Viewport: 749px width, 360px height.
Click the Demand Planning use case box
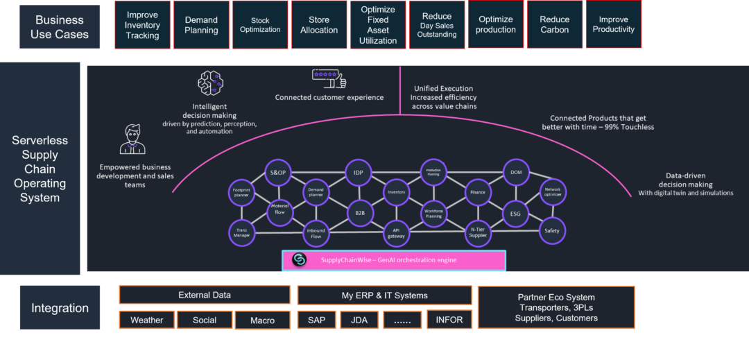(201, 25)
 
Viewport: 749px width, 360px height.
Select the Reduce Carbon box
(555, 25)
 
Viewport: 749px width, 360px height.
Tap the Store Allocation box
(319, 25)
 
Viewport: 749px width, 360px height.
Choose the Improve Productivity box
(614, 25)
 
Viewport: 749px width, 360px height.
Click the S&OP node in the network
(277, 172)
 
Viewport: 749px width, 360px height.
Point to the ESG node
(515, 213)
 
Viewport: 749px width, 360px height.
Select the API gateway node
(396, 232)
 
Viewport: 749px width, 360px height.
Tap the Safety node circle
(552, 231)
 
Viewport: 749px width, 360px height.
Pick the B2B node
(360, 213)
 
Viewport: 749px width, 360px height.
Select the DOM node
(516, 172)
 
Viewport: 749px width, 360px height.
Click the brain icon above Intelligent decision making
(210, 83)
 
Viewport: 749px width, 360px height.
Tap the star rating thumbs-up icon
(329, 78)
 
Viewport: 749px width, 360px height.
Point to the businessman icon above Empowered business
(132, 139)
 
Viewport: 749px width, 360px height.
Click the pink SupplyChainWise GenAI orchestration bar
(394, 260)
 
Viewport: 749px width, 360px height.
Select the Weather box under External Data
(146, 320)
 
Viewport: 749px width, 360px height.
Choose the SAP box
(316, 320)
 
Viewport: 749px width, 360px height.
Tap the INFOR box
(449, 320)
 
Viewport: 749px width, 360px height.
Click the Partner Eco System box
(557, 307)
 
